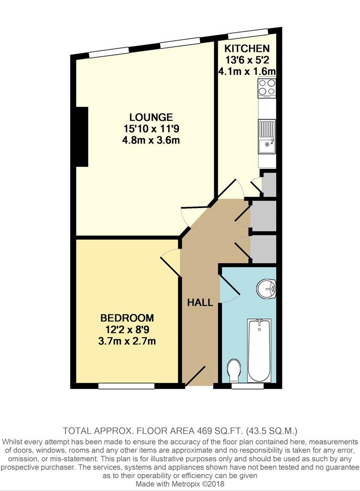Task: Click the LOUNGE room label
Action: point(151,117)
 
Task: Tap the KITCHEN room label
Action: point(247,48)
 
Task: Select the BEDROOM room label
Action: point(127,318)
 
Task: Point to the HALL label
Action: point(200,303)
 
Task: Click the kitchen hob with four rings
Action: point(267,87)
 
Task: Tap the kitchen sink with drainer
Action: point(267,137)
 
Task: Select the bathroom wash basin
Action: point(267,288)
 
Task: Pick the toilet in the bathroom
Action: point(234,371)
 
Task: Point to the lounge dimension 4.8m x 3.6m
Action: point(151,140)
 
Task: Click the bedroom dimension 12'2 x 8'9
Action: point(127,329)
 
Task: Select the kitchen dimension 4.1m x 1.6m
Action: point(247,71)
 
